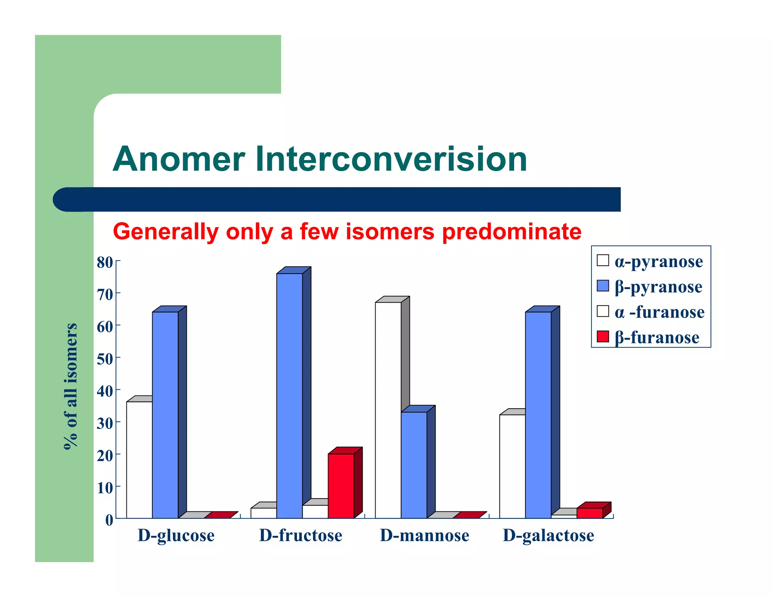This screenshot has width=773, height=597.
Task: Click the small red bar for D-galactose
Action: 590,513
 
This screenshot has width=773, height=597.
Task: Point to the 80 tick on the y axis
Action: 105,262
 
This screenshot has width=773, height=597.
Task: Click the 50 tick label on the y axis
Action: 105,359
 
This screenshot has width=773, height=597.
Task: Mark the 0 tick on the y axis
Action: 109,520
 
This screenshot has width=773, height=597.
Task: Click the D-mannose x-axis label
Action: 424,535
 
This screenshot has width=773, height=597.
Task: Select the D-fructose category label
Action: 300,535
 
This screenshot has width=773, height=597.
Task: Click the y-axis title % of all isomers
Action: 71,386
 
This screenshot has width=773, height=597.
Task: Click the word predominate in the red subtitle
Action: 511,231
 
